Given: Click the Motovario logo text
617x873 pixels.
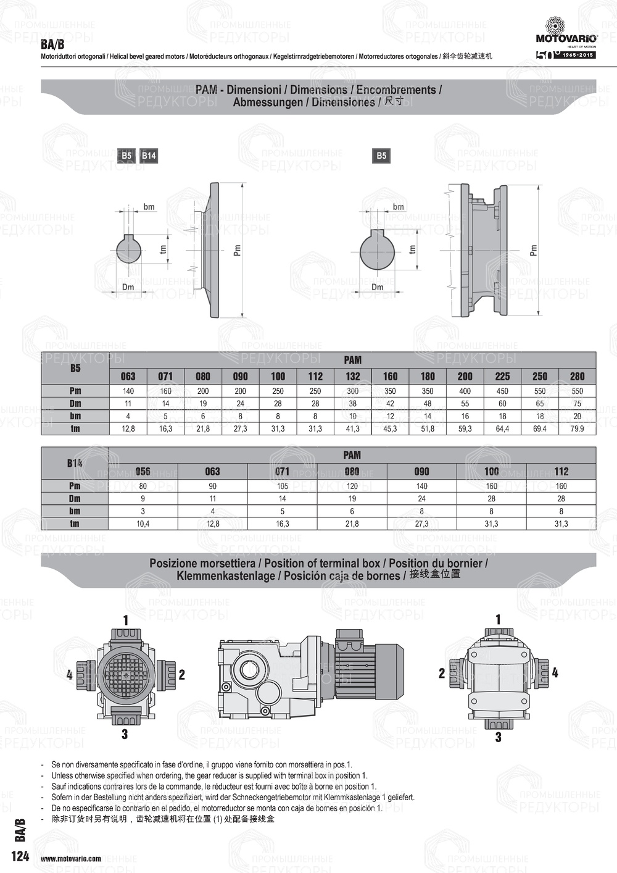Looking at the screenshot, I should coord(566,38).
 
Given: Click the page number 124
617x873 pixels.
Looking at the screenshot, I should coord(20,856).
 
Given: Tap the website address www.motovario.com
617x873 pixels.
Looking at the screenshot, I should coord(71,858).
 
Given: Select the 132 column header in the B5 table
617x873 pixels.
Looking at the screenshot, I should coord(353,376).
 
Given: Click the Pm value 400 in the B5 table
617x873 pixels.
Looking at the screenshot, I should coord(465,391).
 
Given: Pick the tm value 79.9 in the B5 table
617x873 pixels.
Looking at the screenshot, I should coord(577,428).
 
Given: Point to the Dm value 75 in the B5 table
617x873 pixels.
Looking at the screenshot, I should coord(577,404).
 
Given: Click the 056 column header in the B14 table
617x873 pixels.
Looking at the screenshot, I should coord(143,471).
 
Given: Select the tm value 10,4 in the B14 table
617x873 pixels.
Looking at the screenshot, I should coord(143,524).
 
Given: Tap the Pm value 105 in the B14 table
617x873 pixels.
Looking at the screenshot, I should coord(282,486).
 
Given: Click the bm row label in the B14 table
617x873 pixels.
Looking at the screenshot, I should coord(75,511).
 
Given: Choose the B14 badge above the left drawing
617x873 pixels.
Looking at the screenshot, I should coord(149,156).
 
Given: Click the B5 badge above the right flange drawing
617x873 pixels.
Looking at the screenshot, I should coord(381,156).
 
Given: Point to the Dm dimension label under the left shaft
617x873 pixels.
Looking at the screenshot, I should coord(128,287).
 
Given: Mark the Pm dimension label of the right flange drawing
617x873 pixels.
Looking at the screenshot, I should coord(534,250).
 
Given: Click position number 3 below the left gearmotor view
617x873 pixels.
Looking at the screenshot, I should coord(125,734).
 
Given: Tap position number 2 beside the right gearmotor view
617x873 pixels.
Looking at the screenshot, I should coord(442,673).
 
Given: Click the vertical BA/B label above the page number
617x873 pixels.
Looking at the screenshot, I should coord(20,830).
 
